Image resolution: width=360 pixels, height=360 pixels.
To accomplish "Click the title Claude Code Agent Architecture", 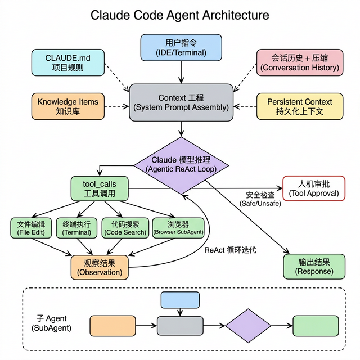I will (180, 15).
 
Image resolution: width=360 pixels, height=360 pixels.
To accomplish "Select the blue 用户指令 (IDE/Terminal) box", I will (181, 47).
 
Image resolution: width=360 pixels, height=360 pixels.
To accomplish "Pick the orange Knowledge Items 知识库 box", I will (67, 106).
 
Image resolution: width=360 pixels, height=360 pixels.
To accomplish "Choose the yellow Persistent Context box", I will (299, 106).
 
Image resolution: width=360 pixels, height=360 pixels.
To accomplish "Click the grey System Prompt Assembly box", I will (181, 102).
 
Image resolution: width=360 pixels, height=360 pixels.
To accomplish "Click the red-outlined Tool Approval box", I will (313, 188).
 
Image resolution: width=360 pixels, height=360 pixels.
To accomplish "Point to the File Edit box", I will (31, 228).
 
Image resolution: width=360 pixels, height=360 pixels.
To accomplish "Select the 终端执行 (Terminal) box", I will (76, 228).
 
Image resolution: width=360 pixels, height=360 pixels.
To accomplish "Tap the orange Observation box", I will (99, 267).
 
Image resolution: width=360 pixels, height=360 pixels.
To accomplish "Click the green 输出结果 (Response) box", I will (314, 266).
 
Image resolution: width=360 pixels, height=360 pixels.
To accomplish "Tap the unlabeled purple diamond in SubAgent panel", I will (248, 326).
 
